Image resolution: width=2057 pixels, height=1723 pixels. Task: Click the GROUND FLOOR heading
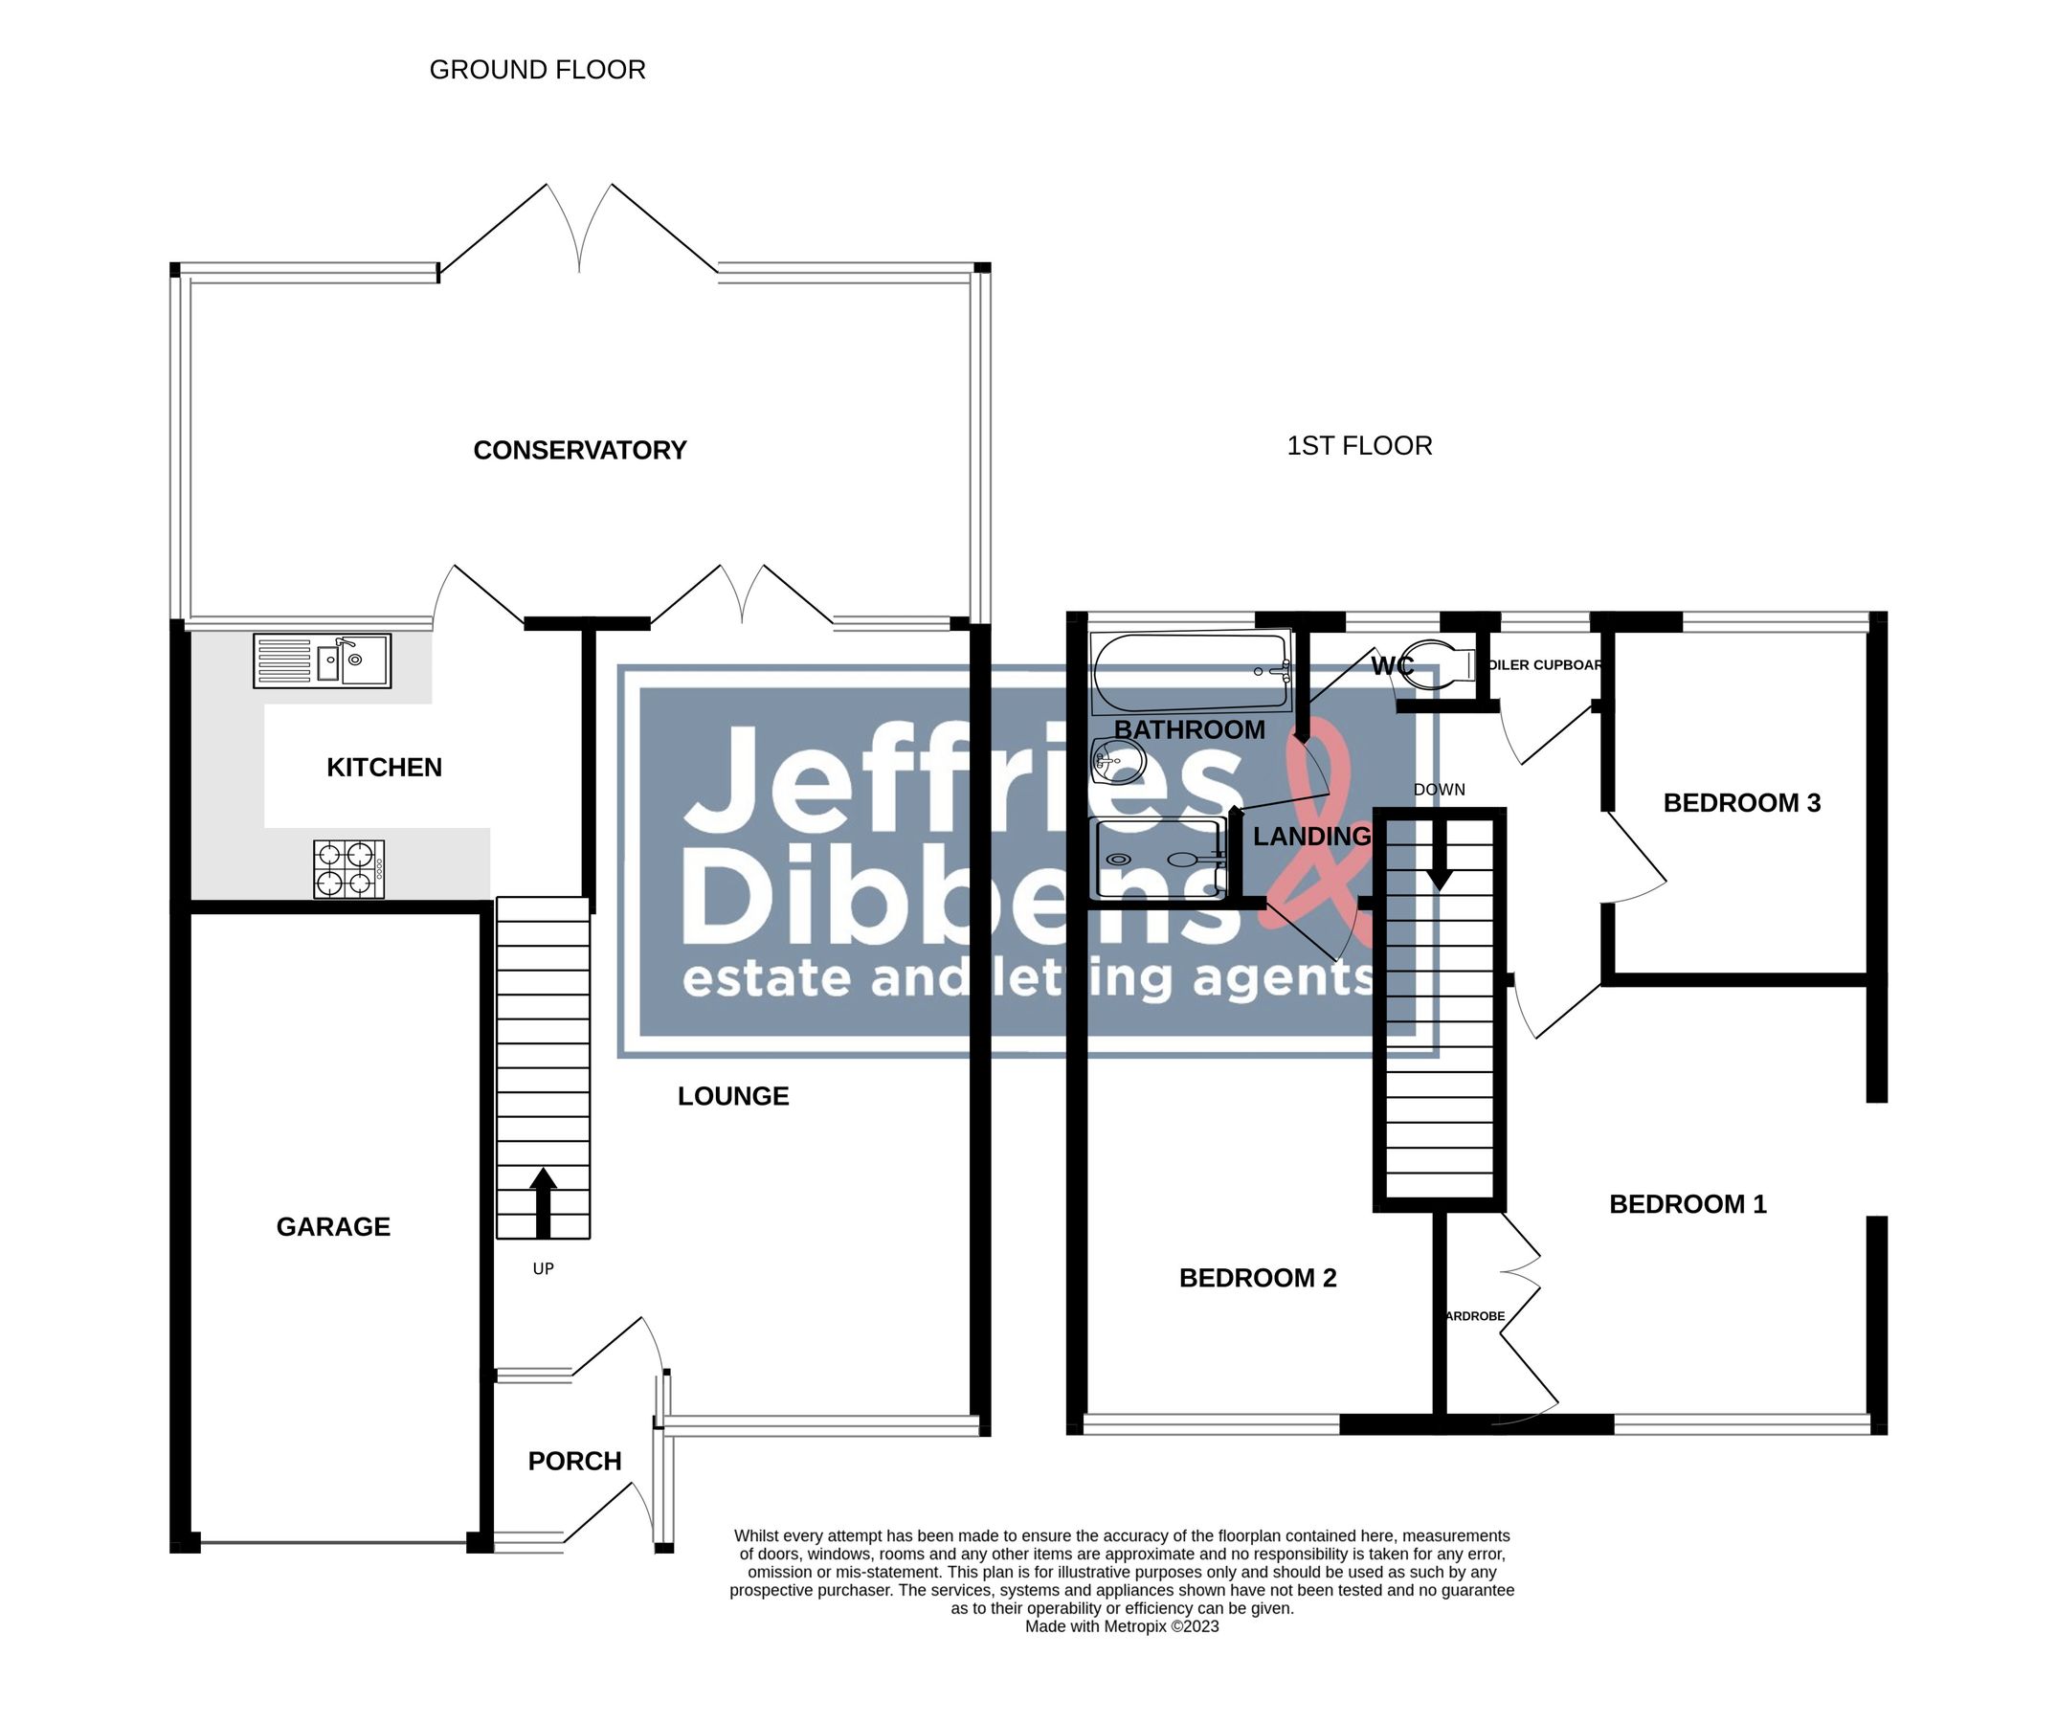[537, 71]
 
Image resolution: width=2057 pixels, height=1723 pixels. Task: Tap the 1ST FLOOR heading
[1358, 447]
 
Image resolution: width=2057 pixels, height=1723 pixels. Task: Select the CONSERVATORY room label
[580, 451]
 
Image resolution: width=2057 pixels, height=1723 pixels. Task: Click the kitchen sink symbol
[323, 660]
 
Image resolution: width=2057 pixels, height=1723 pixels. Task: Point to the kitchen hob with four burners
[348, 869]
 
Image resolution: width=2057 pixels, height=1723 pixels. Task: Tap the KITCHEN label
[384, 768]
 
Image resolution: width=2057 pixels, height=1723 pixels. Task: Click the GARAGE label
[333, 1227]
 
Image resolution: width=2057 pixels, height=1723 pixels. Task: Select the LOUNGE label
[732, 1097]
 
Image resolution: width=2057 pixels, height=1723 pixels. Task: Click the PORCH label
[575, 1462]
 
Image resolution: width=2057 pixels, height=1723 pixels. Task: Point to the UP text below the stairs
[543, 1269]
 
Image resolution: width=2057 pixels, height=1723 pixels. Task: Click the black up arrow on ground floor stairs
[543, 1202]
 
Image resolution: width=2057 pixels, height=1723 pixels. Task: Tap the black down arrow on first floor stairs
[1439, 853]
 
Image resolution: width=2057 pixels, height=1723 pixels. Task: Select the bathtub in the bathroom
[1191, 672]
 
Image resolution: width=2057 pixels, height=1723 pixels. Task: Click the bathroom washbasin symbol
[1118, 760]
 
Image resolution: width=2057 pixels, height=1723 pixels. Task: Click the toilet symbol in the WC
[1444, 665]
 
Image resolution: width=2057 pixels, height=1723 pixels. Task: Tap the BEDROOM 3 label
[1741, 804]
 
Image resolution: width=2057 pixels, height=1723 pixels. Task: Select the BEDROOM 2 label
[1258, 1278]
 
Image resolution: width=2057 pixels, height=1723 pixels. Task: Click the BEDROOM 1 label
[1688, 1205]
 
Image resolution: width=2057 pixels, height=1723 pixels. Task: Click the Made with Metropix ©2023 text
[1122, 1627]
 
